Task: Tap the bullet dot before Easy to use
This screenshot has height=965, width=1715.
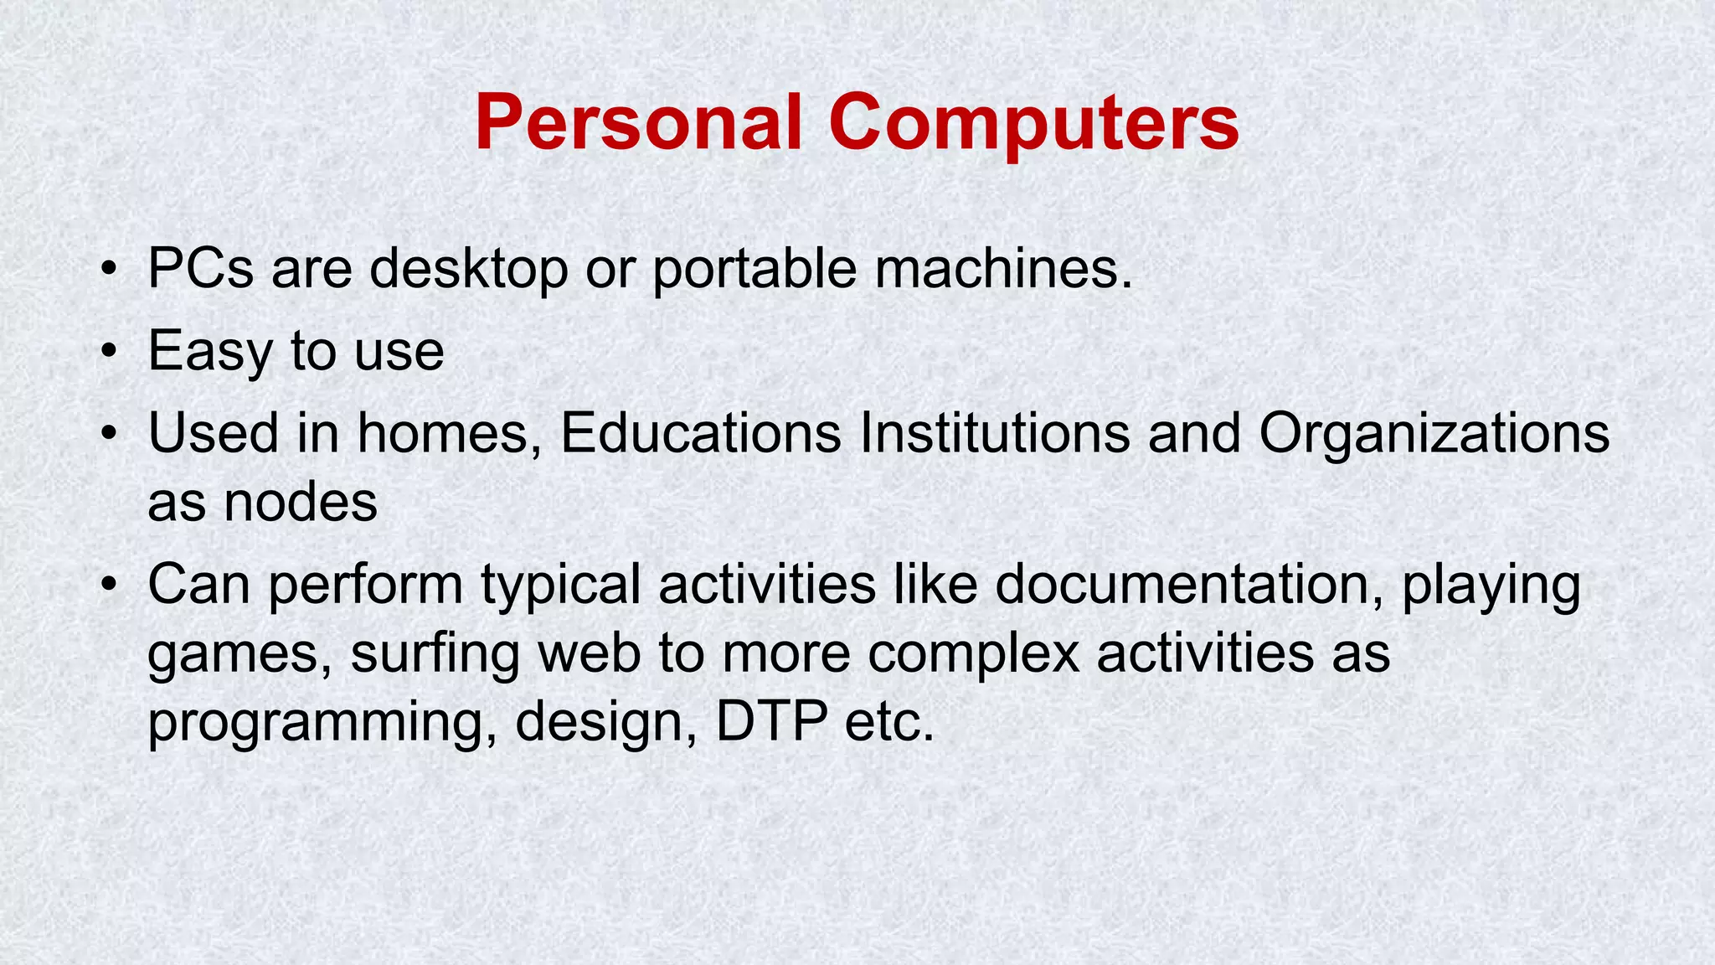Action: pyautogui.click(x=108, y=351)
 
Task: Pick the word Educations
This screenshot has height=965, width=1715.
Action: pyautogui.click(x=700, y=434)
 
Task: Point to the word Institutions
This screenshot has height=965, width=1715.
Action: pyautogui.click(x=994, y=434)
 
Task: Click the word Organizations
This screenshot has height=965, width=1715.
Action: pyautogui.click(x=1434, y=434)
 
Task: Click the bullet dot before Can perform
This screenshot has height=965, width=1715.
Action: pyautogui.click(x=108, y=584)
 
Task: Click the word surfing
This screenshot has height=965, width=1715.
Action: pyautogui.click(x=435, y=653)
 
